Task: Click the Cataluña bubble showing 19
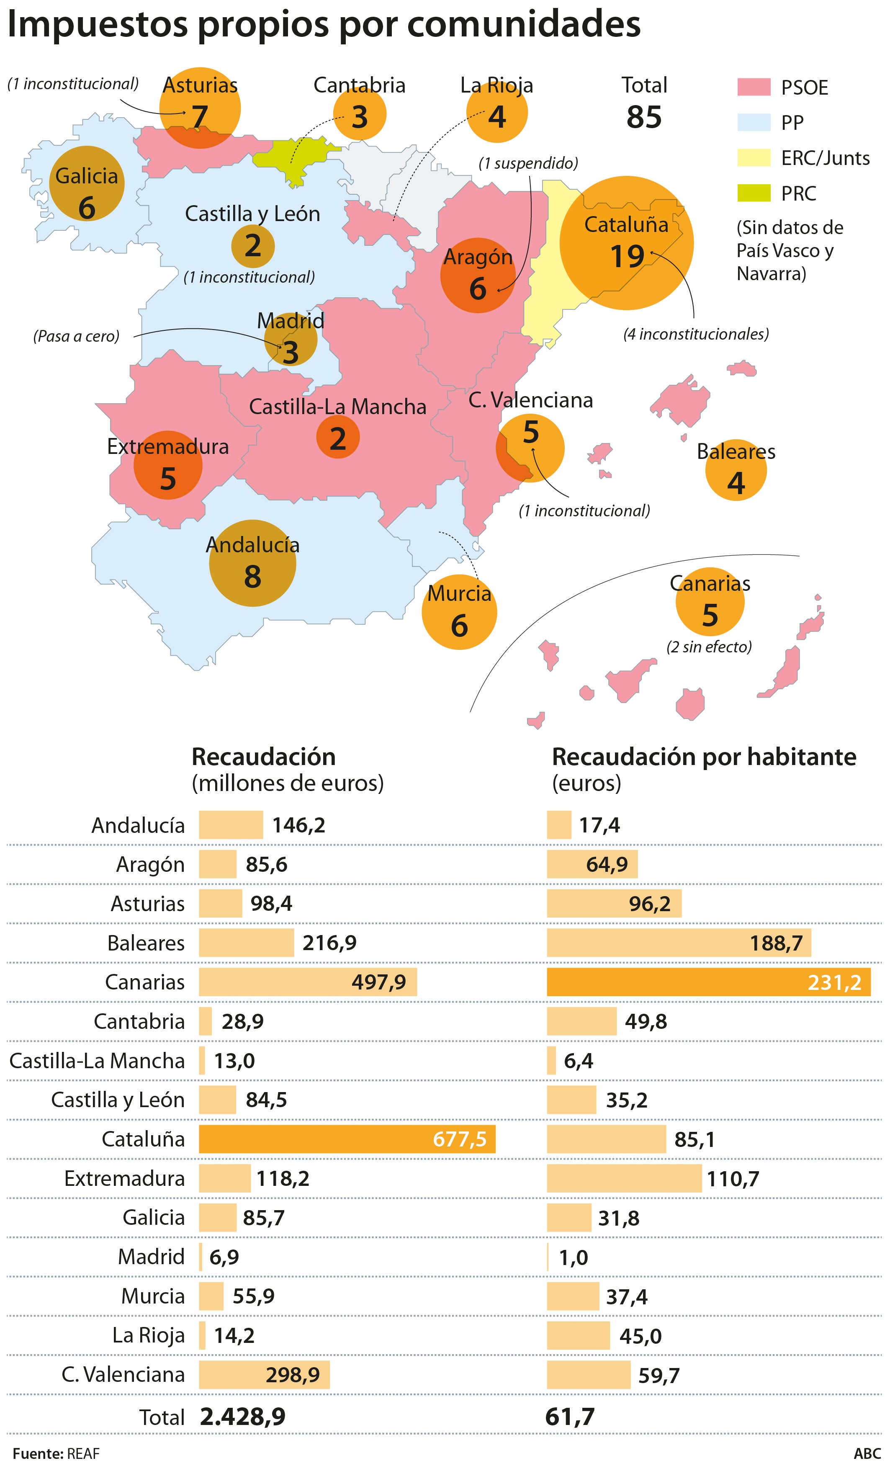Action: pyautogui.click(x=626, y=243)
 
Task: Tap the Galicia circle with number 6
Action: pyautogui.click(x=86, y=183)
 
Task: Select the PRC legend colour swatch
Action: pyautogui.click(x=754, y=193)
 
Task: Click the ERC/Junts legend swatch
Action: pyautogui.click(x=754, y=158)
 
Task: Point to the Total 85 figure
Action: pyautogui.click(x=644, y=116)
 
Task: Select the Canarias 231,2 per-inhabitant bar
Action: pyautogui.click(x=708, y=982)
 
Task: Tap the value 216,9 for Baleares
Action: pyautogui.click(x=329, y=943)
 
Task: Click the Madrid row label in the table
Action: pyautogui.click(x=151, y=1257)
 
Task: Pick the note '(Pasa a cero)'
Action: pyautogui.click(x=76, y=336)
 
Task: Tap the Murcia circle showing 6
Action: pyautogui.click(x=459, y=612)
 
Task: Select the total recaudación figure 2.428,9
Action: pyautogui.click(x=243, y=1417)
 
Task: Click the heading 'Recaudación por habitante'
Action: pyautogui.click(x=704, y=757)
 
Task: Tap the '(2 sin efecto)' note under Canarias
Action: pyautogui.click(x=709, y=647)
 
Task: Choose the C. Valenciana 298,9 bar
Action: pyautogui.click(x=264, y=1374)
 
